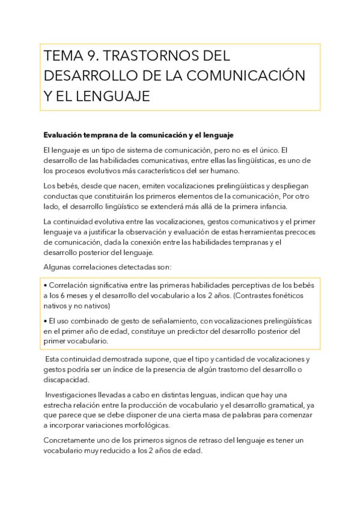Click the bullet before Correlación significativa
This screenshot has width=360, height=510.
coord(46,285)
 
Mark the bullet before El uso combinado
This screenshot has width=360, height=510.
coord(46,321)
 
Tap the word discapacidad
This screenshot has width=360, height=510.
coord(67,379)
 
